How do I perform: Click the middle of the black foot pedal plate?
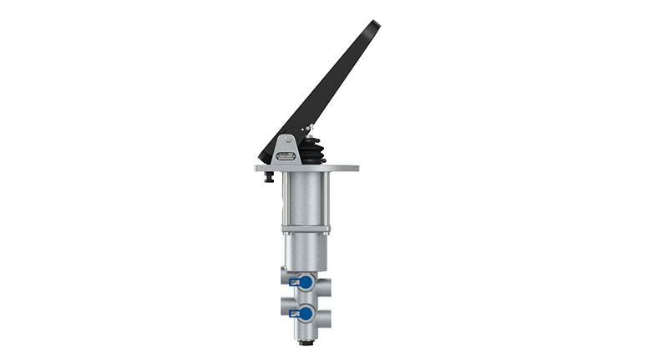pyautogui.click(x=321, y=92)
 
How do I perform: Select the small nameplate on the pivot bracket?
pyautogui.click(x=286, y=156)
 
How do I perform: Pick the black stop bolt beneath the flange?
pyautogui.click(x=270, y=177)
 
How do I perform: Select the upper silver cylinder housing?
pyautogui.click(x=306, y=199)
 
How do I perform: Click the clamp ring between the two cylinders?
pyautogui.click(x=306, y=229)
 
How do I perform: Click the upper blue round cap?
pyautogui.click(x=306, y=283)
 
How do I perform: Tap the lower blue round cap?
pyautogui.click(x=306, y=313)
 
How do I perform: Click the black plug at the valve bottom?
pyautogui.click(x=306, y=342)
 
